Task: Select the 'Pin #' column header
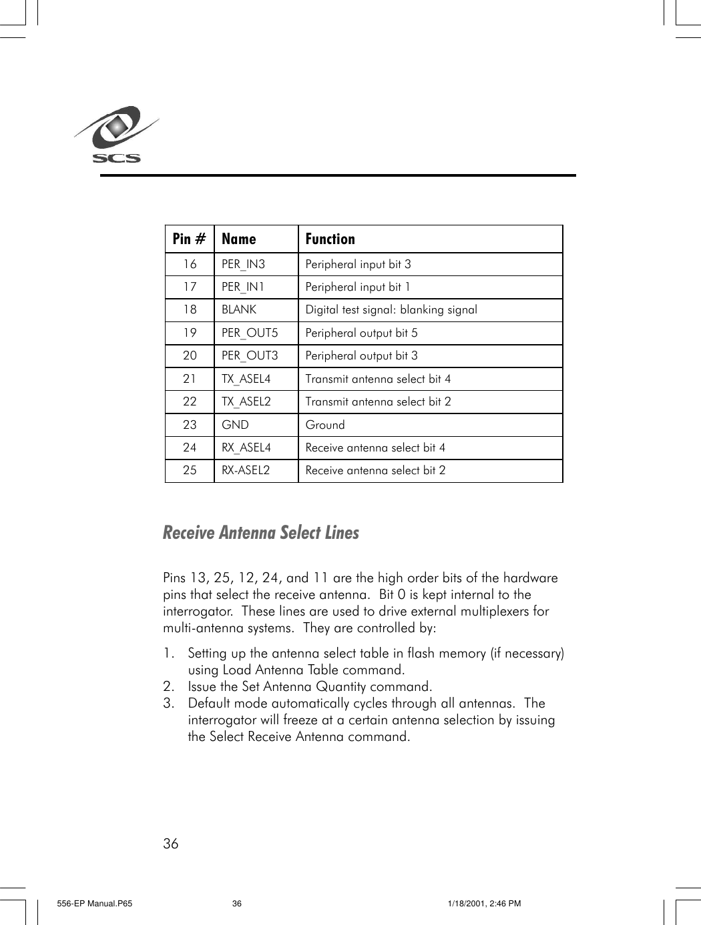pyautogui.click(x=189, y=239)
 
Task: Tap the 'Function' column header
pyautogui.click(x=330, y=239)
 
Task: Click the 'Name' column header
pyautogui.click(x=238, y=239)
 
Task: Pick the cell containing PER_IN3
pyautogui.click(x=243, y=264)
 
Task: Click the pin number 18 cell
pyautogui.click(x=190, y=309)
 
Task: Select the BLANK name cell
pyautogui.click(x=239, y=309)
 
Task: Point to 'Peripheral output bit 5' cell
pyautogui.click(x=361, y=333)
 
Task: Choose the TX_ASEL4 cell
pyautogui.click(x=246, y=379)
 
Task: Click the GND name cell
pyautogui.click(x=235, y=425)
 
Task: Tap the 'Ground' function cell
pyautogui.click(x=325, y=425)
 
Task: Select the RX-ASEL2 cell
pyautogui.click(x=246, y=470)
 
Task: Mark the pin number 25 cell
pyautogui.click(x=190, y=470)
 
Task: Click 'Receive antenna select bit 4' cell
pyautogui.click(x=375, y=447)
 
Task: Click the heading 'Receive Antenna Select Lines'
pyautogui.click(x=261, y=532)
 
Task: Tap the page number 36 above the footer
pyautogui.click(x=171, y=844)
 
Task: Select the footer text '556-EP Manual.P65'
pyautogui.click(x=95, y=904)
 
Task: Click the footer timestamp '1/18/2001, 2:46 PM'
pyautogui.click(x=484, y=904)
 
